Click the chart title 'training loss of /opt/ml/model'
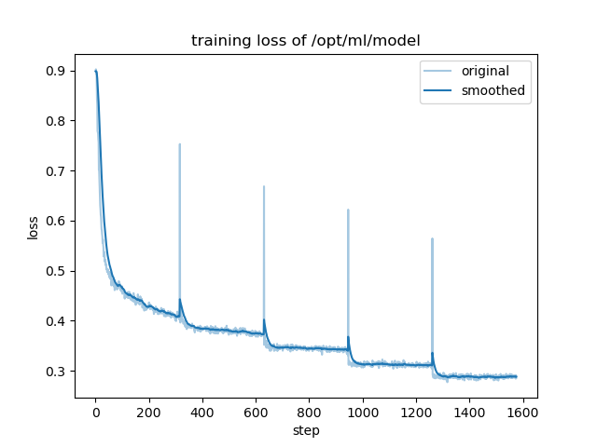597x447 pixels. click(x=305, y=41)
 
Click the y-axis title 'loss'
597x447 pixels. click(x=34, y=227)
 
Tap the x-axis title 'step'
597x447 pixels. click(x=305, y=430)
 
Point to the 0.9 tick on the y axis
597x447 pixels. click(x=57, y=71)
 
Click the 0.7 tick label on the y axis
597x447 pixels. click(x=57, y=171)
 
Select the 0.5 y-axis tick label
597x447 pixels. click(x=57, y=271)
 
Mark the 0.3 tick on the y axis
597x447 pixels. click(x=57, y=372)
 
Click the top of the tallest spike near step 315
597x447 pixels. click(x=179, y=144)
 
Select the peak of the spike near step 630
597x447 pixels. click(x=264, y=186)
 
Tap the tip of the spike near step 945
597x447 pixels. click(x=348, y=210)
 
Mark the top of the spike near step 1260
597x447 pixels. click(x=432, y=238)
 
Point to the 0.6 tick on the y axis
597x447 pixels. click(x=57, y=221)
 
